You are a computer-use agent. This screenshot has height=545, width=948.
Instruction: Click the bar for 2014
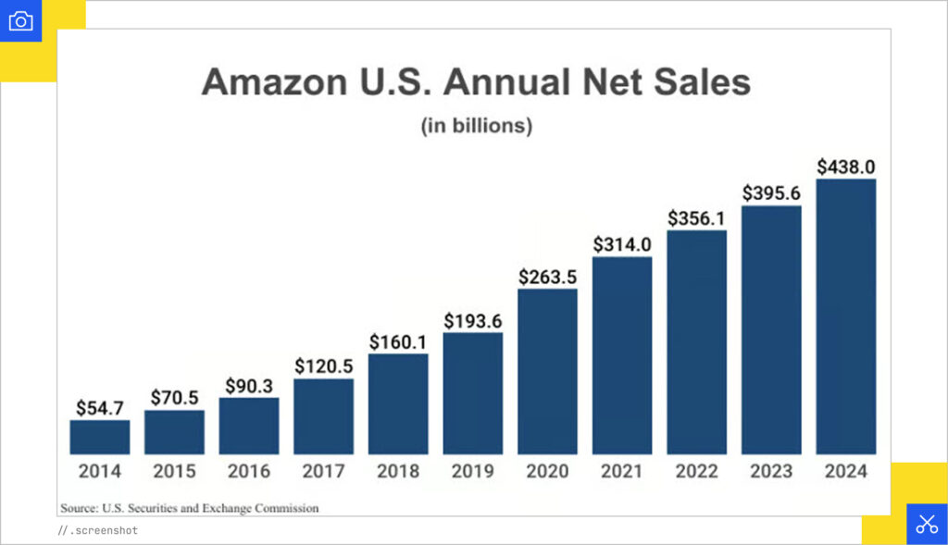(x=100, y=437)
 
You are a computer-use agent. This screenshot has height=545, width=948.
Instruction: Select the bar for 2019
(x=473, y=393)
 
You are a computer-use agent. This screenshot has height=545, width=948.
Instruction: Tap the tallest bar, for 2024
(x=845, y=316)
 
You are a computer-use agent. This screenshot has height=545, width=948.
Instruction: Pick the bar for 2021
(x=622, y=355)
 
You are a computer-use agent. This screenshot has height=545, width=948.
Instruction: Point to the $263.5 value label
(x=547, y=276)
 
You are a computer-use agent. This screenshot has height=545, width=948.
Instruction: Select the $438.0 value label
(x=845, y=167)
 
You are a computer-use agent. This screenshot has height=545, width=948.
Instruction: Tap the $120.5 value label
(x=324, y=365)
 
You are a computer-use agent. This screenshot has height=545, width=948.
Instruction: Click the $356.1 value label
(x=696, y=218)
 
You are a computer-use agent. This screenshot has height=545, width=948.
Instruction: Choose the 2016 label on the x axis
(x=249, y=471)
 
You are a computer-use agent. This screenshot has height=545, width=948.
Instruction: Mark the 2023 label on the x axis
(x=771, y=471)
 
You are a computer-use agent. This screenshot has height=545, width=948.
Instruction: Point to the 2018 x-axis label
(x=398, y=471)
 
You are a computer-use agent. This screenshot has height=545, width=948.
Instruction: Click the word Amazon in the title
(x=267, y=81)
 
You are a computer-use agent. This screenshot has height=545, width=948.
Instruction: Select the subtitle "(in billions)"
(x=477, y=126)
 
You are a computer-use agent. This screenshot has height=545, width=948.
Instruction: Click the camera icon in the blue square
(x=20, y=20)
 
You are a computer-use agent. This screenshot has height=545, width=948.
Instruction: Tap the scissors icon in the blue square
(x=927, y=524)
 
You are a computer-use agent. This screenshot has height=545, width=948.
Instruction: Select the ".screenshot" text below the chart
(x=103, y=531)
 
